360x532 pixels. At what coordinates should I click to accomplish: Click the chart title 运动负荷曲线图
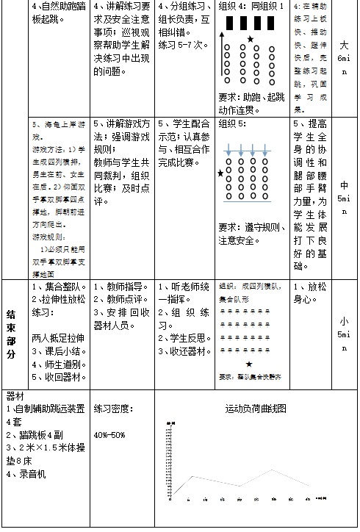(x=255, y=408)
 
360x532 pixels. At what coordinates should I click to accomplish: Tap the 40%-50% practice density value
(x=109, y=434)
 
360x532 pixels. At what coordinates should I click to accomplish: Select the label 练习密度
(x=112, y=408)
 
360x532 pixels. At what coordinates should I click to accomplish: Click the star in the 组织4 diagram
(x=251, y=39)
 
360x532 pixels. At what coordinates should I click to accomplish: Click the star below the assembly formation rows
(x=249, y=364)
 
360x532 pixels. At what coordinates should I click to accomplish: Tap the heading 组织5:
(x=233, y=124)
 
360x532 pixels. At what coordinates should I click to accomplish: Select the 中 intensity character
(x=345, y=185)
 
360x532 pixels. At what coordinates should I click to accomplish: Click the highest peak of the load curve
(x=273, y=470)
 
